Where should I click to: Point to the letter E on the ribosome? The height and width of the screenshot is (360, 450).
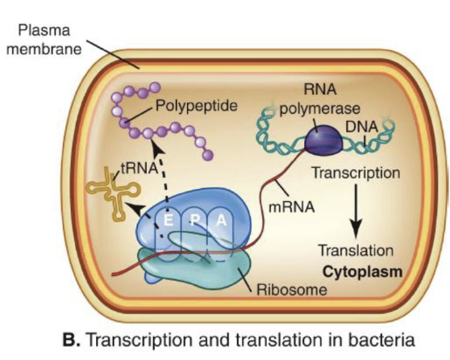(168, 219)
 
